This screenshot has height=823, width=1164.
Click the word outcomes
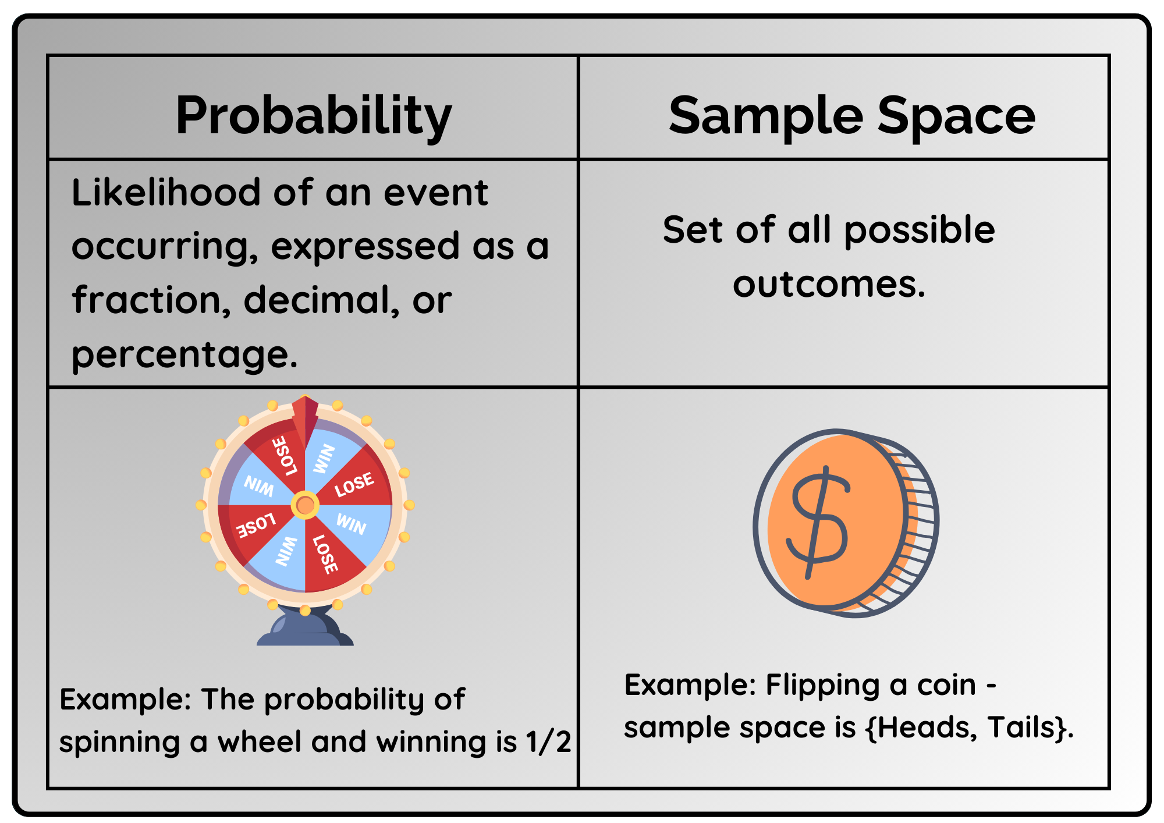point(829,285)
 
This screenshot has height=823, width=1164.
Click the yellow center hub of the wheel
point(305,505)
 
